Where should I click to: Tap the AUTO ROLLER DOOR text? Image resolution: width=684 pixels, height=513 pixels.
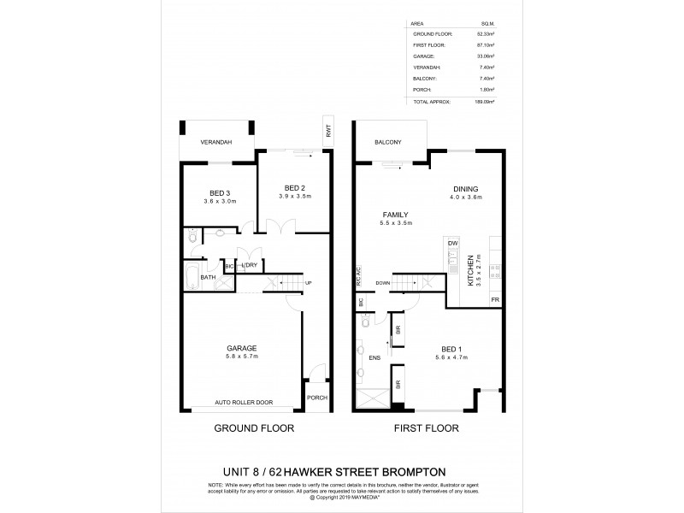[x=245, y=402]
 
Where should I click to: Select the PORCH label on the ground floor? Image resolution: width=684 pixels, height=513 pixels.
[x=316, y=398]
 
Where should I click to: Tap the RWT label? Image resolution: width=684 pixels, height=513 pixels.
[x=327, y=132]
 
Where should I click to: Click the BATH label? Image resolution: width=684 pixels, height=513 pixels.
[x=208, y=277]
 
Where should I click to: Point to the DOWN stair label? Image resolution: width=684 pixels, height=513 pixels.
[x=382, y=282]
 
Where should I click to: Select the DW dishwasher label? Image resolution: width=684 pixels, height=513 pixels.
[x=452, y=245]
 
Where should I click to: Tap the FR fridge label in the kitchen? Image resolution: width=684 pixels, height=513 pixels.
[x=494, y=300]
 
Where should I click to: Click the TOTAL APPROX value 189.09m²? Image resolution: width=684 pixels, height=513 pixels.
[x=485, y=102]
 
